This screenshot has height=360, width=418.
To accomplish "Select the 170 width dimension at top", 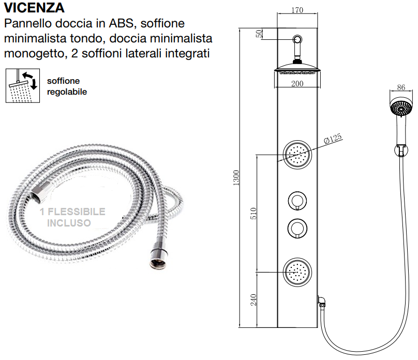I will click(x=297, y=10).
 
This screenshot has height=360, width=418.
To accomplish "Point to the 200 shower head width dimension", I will click(x=297, y=84).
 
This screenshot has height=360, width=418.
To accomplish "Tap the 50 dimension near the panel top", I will click(x=259, y=34).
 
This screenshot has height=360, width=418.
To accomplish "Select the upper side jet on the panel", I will click(x=297, y=155).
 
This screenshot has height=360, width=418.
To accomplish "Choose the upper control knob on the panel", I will click(x=297, y=200).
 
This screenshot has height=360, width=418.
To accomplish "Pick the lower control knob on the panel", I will click(x=297, y=228).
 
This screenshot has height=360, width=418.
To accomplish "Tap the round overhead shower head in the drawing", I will click(x=297, y=70).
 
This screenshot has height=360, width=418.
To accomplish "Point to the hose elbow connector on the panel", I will click(x=322, y=302).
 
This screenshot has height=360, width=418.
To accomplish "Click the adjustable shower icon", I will click(x=23, y=85).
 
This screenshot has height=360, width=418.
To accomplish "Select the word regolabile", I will click(x=67, y=92).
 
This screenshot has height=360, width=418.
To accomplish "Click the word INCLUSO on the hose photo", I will click(x=69, y=223).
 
